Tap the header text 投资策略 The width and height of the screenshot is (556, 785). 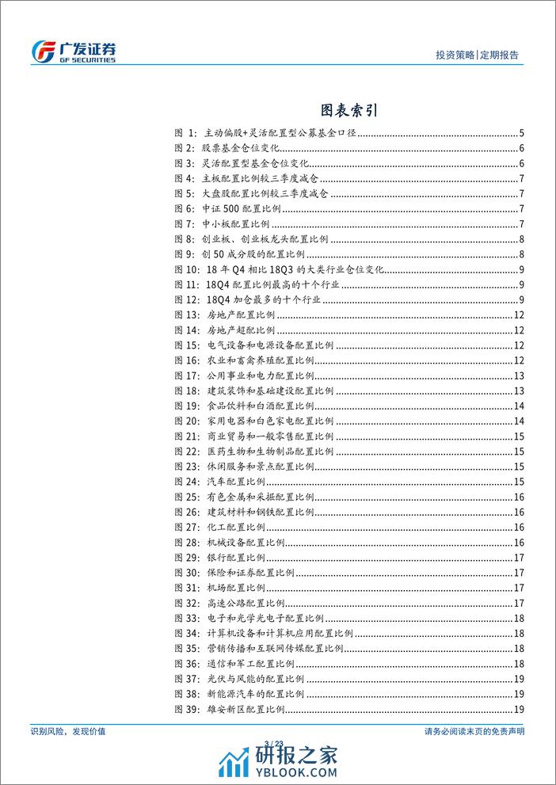click(x=455, y=55)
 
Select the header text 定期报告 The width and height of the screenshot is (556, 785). click(x=501, y=55)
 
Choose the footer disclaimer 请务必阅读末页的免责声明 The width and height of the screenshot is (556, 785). click(x=470, y=731)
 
